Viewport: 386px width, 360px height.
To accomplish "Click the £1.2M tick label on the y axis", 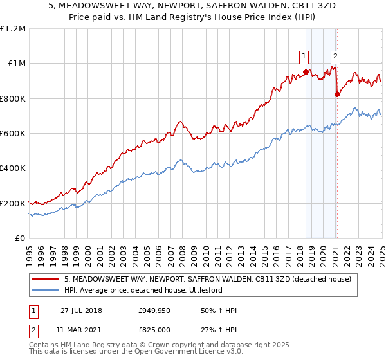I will click(x=13, y=29).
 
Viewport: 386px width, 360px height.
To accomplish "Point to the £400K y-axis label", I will click(x=13, y=168).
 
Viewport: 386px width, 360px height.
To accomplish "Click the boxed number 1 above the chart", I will click(x=304, y=55).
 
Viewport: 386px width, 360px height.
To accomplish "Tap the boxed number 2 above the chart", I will click(x=336, y=55).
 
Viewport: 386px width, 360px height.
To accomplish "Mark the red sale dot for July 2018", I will click(x=306, y=71).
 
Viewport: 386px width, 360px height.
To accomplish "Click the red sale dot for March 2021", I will click(x=337, y=94).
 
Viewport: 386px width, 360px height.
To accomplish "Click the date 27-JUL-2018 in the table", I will click(x=81, y=310).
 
